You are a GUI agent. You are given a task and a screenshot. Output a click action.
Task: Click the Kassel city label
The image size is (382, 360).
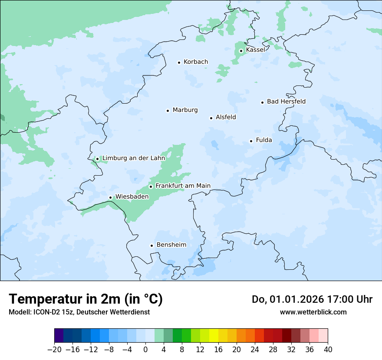255,50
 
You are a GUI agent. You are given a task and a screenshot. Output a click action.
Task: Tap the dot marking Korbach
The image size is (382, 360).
179,62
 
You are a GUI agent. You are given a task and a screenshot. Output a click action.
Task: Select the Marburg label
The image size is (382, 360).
185,110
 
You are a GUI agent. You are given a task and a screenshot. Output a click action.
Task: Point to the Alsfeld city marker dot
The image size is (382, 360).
211,118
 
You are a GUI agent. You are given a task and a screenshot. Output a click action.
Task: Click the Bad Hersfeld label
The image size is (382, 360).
286,101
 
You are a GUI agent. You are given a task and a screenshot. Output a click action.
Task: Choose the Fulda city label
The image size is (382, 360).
264,140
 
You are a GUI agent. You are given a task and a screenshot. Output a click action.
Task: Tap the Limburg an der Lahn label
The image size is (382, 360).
133,158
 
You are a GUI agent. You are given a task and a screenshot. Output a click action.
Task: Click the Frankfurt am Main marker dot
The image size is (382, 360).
151,187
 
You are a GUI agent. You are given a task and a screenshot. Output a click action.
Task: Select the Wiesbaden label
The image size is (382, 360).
132,196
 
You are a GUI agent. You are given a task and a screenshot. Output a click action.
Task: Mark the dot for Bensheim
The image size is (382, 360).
151,246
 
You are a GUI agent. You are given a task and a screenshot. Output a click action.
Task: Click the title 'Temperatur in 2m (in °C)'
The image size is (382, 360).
86,299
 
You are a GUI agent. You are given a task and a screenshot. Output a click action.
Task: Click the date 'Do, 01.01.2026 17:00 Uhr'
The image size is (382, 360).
312,299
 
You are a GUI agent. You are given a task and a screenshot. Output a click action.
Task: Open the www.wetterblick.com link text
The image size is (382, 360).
313,312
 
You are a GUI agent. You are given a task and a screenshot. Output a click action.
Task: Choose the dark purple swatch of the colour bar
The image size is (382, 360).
59,336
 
